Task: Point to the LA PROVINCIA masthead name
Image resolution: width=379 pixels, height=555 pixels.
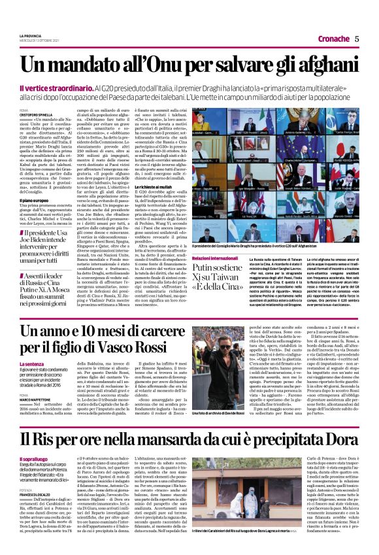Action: click(30, 35)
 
